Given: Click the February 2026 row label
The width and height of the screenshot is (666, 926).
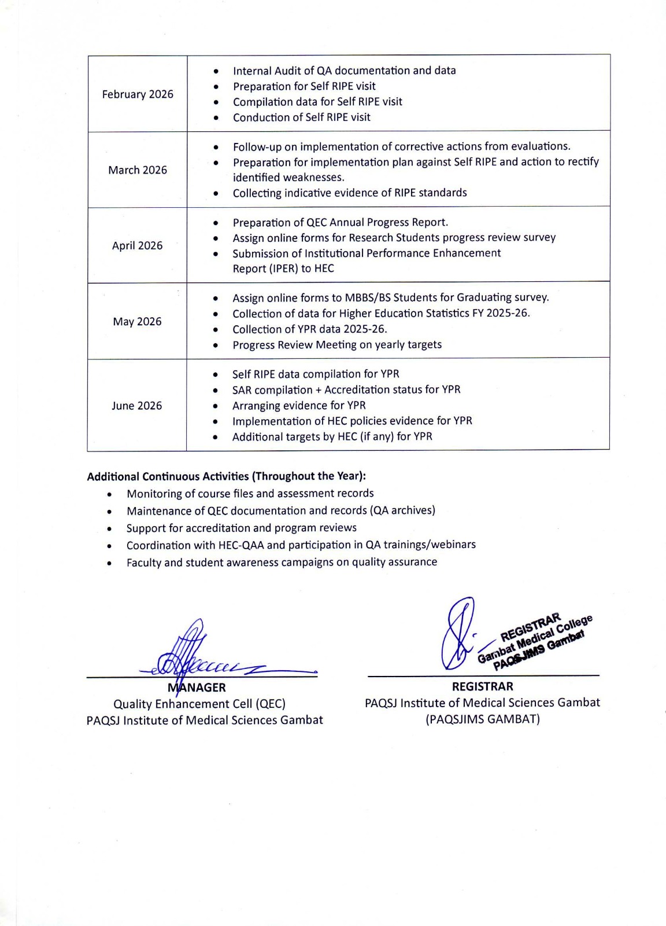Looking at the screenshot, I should pyautogui.click(x=138, y=94).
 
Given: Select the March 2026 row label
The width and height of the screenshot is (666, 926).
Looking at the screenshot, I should pyautogui.click(x=138, y=170).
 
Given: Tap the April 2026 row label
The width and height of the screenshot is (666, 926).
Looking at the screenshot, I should pyautogui.click(x=138, y=245).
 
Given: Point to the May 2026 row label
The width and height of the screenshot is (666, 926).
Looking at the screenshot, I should pyautogui.click(x=138, y=321).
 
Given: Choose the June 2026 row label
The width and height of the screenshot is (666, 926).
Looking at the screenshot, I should pyautogui.click(x=137, y=406).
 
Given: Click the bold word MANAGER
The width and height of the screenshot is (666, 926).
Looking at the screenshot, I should pyautogui.click(x=197, y=688).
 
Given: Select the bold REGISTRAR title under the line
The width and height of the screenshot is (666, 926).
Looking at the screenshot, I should pyautogui.click(x=482, y=686).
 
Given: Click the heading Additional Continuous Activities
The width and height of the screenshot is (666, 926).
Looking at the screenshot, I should pyautogui.click(x=226, y=476).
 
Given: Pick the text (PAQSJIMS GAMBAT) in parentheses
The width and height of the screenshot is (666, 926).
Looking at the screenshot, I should pyautogui.click(x=482, y=719).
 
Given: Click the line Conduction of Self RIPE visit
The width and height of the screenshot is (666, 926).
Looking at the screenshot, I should pyautogui.click(x=301, y=117).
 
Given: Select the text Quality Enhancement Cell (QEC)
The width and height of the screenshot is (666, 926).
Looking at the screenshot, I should pyautogui.click(x=199, y=704).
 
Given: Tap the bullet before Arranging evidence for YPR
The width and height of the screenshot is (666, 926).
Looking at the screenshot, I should pyautogui.click(x=216, y=406).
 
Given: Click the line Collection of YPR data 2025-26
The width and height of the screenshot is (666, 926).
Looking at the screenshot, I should pyautogui.click(x=309, y=329).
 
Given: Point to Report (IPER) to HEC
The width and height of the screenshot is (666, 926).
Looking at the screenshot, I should pyautogui.click(x=283, y=269).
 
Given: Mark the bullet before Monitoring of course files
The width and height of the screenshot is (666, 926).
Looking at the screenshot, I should pyautogui.click(x=110, y=494).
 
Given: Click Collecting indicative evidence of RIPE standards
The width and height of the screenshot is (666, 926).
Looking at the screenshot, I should pyautogui.click(x=350, y=193).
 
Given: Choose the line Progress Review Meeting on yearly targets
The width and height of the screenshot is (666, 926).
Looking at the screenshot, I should pyautogui.click(x=337, y=345).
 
